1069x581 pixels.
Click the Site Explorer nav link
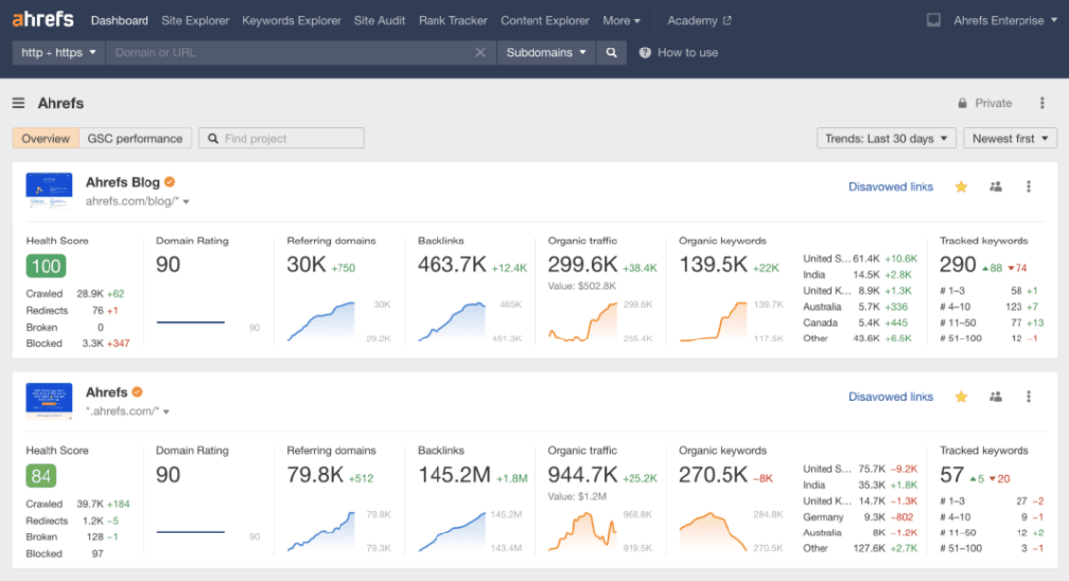coord(195,20)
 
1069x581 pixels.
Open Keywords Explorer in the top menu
coord(291,20)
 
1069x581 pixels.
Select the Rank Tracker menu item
coord(452,20)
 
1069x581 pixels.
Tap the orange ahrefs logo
coord(43,19)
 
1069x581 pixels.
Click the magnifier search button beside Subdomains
coord(612,52)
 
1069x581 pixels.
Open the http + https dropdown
coord(59,52)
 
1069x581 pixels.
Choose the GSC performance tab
coord(135,139)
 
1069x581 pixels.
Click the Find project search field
coord(282,139)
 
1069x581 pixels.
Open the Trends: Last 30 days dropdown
coord(886,139)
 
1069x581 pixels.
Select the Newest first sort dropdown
coord(1010,139)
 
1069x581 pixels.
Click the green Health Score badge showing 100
coord(47,266)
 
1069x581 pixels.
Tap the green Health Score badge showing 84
coord(41,476)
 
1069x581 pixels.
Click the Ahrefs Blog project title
coord(123,182)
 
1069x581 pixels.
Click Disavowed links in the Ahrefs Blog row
coord(891,187)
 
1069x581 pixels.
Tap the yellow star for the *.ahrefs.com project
coord(961,397)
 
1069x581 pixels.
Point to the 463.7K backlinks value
coord(452,266)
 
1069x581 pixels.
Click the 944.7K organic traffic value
coord(583,475)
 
